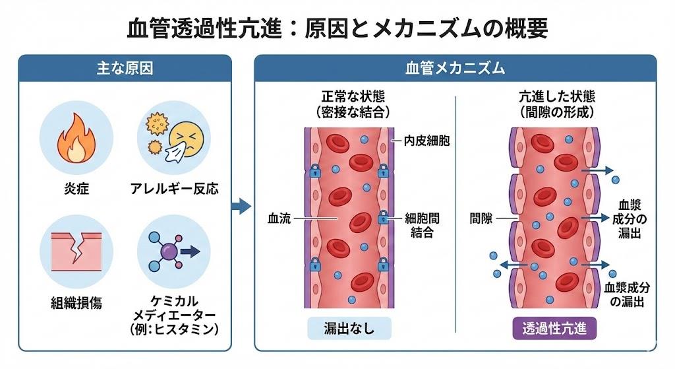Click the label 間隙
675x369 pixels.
click(x=481, y=218)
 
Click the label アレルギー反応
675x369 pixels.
click(x=174, y=189)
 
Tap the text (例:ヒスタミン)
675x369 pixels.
click(x=175, y=328)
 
